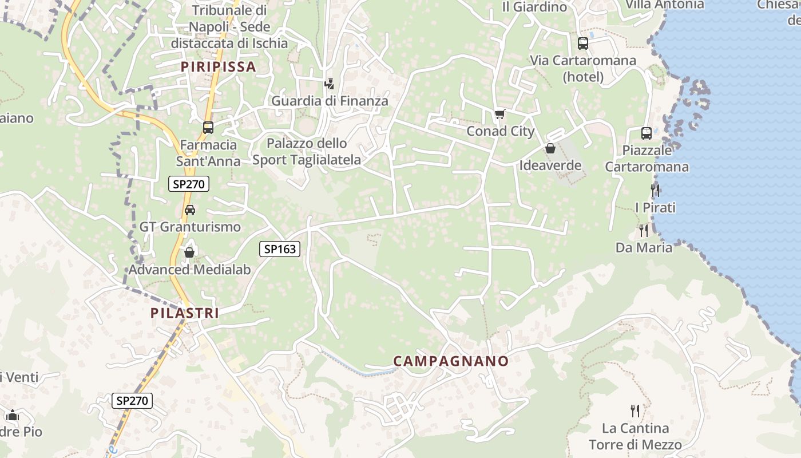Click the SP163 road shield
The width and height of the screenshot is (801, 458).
[x=280, y=248]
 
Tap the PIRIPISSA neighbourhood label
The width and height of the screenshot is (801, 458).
[x=218, y=67]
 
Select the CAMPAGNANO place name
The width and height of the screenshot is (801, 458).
[x=451, y=361]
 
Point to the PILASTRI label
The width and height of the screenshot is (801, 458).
[x=185, y=313]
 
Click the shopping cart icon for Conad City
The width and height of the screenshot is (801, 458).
[x=500, y=114]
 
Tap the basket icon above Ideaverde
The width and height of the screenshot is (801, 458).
[x=550, y=149]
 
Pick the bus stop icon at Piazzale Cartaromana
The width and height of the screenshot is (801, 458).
[x=647, y=133]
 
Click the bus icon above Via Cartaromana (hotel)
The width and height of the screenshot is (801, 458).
[x=583, y=44]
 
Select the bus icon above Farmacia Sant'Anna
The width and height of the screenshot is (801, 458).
[x=208, y=128]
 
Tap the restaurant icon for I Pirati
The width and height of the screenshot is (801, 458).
[x=655, y=190]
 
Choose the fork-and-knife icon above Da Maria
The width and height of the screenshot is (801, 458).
[x=644, y=230]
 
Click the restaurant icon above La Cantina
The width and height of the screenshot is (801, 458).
[x=635, y=410]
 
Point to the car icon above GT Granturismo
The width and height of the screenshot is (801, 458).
[x=190, y=210]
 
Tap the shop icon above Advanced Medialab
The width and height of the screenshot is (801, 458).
[x=189, y=252]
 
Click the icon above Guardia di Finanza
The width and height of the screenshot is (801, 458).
[x=329, y=84]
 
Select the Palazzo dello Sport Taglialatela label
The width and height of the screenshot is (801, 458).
[x=307, y=152]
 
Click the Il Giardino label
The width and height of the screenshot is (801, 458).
[x=534, y=7]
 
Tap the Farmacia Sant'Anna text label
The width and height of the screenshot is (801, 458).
[x=208, y=153]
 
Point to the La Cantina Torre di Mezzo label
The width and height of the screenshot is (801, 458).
[x=635, y=436]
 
